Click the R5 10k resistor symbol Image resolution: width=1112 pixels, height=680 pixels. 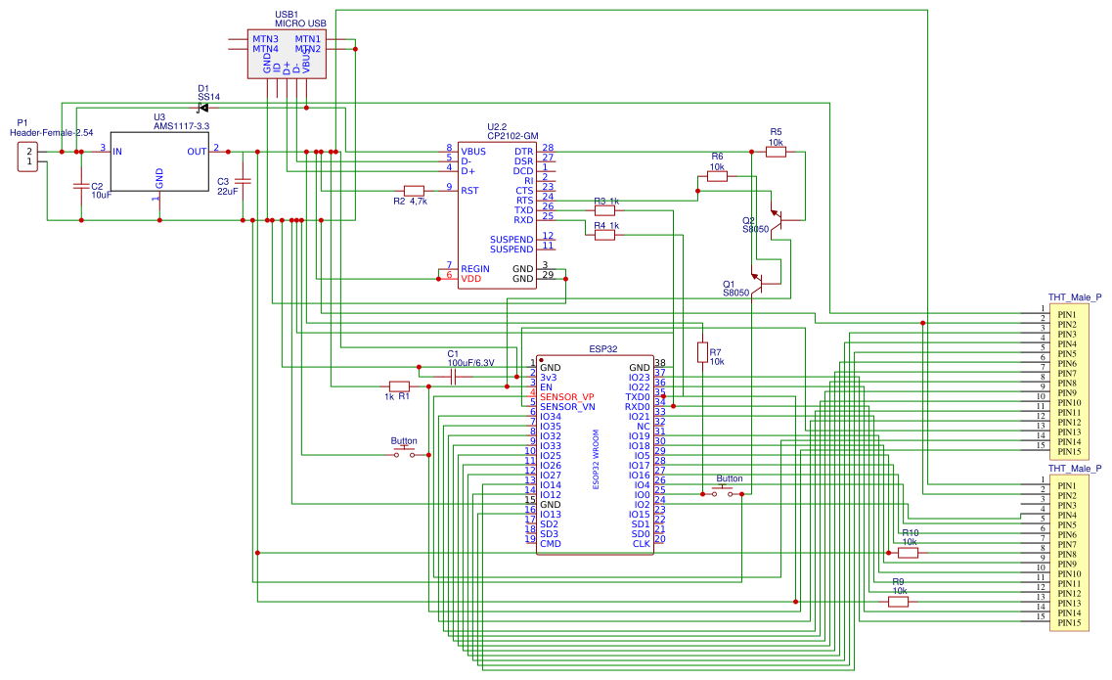click(776, 152)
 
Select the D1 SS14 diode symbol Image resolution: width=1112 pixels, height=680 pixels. click(203, 107)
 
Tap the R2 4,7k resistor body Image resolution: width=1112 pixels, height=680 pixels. click(414, 191)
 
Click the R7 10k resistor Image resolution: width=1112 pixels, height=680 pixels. click(701, 351)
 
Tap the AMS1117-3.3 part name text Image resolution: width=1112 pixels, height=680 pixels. click(181, 126)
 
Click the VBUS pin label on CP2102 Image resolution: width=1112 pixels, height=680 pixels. click(473, 152)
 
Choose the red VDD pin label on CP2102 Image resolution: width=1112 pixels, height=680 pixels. click(470, 279)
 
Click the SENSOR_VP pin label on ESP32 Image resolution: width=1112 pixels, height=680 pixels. click(567, 396)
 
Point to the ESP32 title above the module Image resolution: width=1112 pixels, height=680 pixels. click(602, 348)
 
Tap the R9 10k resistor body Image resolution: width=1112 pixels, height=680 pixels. click(898, 602)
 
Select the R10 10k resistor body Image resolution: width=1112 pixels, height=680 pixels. click(909, 553)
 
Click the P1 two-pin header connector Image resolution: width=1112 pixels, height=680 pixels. click(29, 157)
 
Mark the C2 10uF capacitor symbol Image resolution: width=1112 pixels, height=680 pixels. click(80, 185)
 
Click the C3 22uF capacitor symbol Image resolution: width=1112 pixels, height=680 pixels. click(244, 181)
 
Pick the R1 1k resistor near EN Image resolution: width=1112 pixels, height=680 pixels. click(399, 385)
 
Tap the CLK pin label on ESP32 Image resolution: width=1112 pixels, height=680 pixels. click(641, 543)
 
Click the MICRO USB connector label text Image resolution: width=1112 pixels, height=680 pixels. click(300, 23)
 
